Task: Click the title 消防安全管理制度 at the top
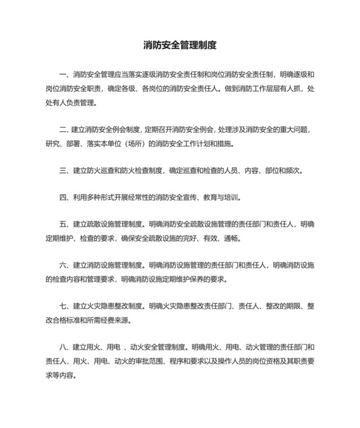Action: point(179,46)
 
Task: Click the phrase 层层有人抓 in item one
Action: point(275,89)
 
